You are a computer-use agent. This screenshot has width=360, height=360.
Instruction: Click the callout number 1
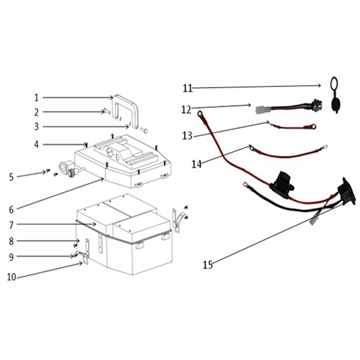(36, 98)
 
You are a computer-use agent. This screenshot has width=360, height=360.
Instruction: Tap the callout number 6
(11, 209)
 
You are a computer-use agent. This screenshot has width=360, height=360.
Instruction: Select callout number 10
(11, 277)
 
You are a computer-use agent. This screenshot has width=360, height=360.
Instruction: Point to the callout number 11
(188, 88)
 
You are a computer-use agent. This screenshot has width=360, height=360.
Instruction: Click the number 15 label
(208, 265)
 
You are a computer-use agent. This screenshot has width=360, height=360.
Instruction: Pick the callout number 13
(187, 136)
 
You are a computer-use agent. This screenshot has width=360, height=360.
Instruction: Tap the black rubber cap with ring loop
(335, 95)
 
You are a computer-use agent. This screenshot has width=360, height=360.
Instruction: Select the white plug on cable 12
(260, 110)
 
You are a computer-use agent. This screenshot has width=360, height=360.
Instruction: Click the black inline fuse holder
(283, 185)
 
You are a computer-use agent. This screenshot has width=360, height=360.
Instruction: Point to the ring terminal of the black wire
(245, 184)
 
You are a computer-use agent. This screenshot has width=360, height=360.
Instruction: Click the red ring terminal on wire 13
(312, 126)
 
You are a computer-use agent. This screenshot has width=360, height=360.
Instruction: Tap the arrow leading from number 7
(56, 224)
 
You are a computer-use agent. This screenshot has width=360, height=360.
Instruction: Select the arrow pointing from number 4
(65, 145)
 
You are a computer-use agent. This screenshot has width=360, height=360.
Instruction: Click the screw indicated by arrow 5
(48, 170)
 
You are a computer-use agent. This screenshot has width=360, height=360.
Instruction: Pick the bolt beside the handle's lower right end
(144, 130)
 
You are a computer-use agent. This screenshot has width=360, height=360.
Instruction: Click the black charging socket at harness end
(347, 191)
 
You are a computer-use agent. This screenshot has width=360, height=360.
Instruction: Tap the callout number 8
(11, 241)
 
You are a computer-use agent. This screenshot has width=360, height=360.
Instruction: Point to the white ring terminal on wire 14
(325, 146)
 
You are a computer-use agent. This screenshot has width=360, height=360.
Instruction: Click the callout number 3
(36, 127)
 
